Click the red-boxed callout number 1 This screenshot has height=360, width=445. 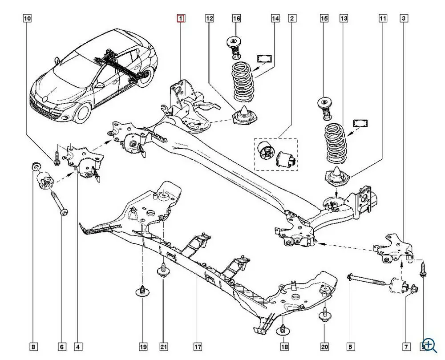click(x=181, y=18)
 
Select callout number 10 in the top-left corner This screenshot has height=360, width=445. click(x=28, y=18)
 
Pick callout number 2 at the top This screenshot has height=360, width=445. click(x=292, y=18)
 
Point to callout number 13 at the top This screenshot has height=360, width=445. click(x=344, y=18)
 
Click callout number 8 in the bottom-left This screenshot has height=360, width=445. click(x=33, y=346)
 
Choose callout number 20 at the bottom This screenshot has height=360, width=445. click(x=324, y=346)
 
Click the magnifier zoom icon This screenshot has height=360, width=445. click(x=429, y=344)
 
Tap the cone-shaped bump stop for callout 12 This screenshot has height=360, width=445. click(x=245, y=115)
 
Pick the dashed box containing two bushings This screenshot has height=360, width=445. click(x=276, y=154)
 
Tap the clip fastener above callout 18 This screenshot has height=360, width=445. click(x=284, y=330)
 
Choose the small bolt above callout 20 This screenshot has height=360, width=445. click(x=324, y=314)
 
